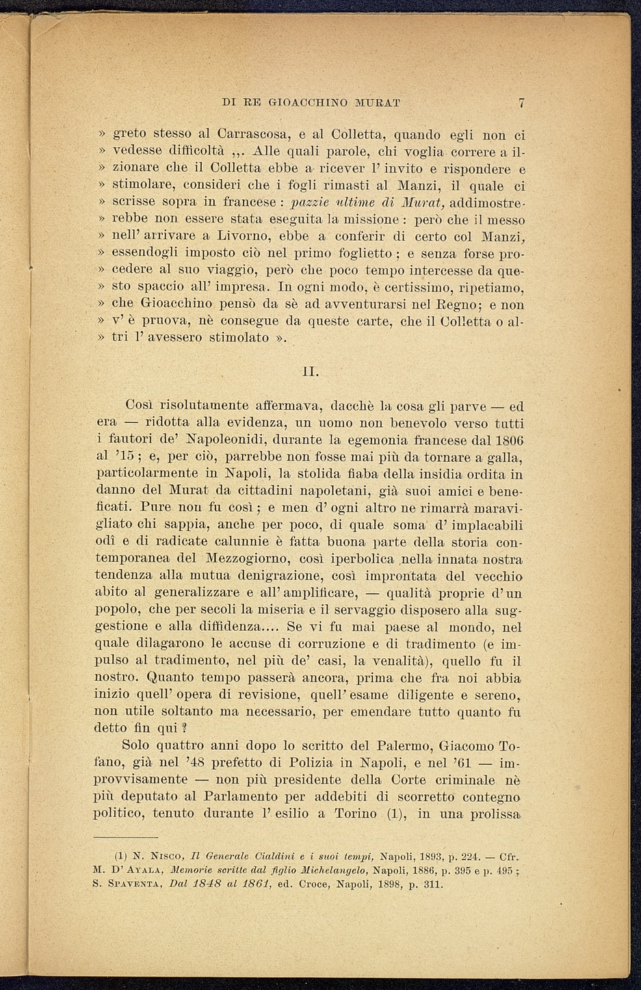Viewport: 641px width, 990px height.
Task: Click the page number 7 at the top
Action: [521, 103]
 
